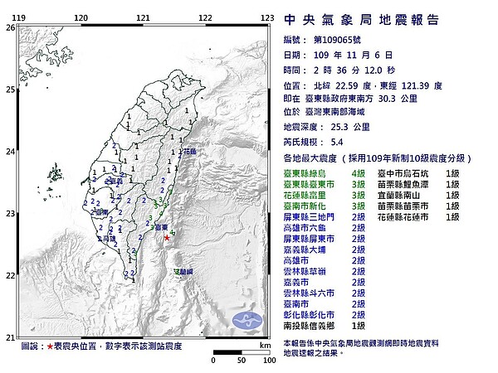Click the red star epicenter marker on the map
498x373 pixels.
tap(166, 238)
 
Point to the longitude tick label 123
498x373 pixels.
tap(267, 17)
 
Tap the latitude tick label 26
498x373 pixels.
tap(9, 27)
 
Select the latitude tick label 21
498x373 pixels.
tap(9, 337)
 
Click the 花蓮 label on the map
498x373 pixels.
tap(190, 152)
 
